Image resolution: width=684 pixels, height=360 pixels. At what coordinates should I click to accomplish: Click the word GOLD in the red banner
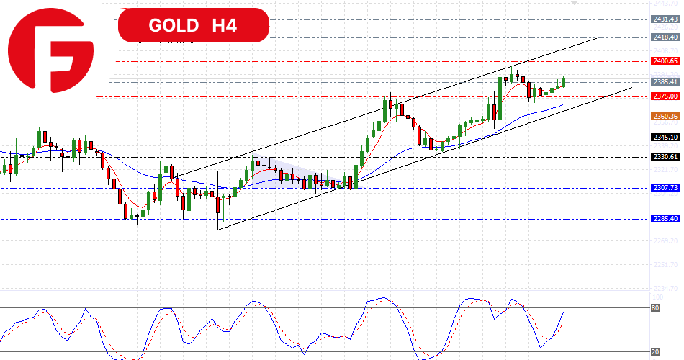coord(174,26)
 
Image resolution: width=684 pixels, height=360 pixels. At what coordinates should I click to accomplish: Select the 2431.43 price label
coord(665,19)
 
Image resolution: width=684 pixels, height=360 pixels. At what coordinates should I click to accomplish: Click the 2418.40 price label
coord(665,37)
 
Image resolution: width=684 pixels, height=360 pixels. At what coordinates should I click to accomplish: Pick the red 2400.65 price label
coord(665,61)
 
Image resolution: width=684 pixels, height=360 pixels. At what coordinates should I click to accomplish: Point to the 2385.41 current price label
coord(665,81)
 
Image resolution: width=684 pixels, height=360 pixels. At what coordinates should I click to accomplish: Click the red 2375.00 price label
coord(665,96)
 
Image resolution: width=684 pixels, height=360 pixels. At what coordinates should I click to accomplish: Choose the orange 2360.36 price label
coord(665,116)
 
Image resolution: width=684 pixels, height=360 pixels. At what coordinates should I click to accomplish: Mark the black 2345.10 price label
coord(665,137)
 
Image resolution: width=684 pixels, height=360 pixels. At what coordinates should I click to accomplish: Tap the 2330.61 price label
coord(665,156)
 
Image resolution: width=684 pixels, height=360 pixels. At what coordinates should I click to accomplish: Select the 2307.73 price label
coord(665,187)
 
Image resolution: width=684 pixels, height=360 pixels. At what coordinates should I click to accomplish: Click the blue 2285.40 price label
coord(665,218)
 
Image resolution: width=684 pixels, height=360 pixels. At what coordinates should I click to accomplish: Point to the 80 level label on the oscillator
coord(655,308)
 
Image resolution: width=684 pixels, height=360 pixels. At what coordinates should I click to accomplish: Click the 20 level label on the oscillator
coord(655,351)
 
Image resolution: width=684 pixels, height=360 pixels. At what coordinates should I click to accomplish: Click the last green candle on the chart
coord(563,83)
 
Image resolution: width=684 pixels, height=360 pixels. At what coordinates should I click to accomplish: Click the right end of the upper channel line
coord(597,37)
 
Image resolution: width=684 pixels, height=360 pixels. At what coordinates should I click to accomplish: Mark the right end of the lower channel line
coord(631,88)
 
